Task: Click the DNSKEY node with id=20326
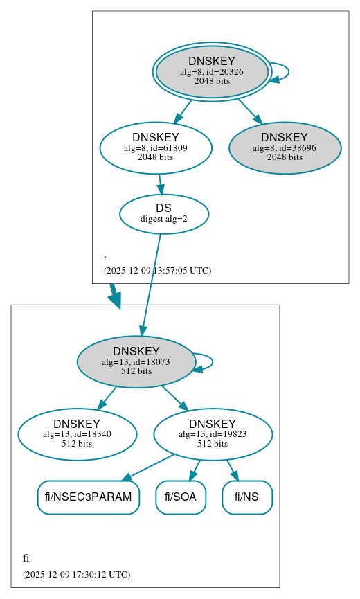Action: click(x=212, y=72)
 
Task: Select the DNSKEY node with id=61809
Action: click(x=156, y=147)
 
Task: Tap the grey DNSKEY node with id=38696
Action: click(x=285, y=147)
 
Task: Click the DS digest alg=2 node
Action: click(x=164, y=213)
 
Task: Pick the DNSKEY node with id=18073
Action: click(x=136, y=361)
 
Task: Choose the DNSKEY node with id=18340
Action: click(x=77, y=434)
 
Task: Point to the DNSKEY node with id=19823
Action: click(x=213, y=434)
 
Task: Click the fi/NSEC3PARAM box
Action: click(x=88, y=497)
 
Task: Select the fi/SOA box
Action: click(x=181, y=497)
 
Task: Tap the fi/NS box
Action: click(x=247, y=497)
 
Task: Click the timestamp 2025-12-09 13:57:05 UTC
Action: click(x=157, y=271)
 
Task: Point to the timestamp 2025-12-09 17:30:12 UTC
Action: click(x=76, y=575)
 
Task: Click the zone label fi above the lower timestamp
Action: click(x=26, y=558)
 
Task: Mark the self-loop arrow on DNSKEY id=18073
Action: click(x=210, y=361)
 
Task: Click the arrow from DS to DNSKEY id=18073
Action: click(x=151, y=284)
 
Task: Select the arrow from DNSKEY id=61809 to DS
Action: click(x=160, y=184)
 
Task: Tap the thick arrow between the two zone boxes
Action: click(x=114, y=296)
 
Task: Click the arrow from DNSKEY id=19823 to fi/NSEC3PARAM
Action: click(x=149, y=467)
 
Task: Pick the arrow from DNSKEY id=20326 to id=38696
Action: click(x=249, y=111)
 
